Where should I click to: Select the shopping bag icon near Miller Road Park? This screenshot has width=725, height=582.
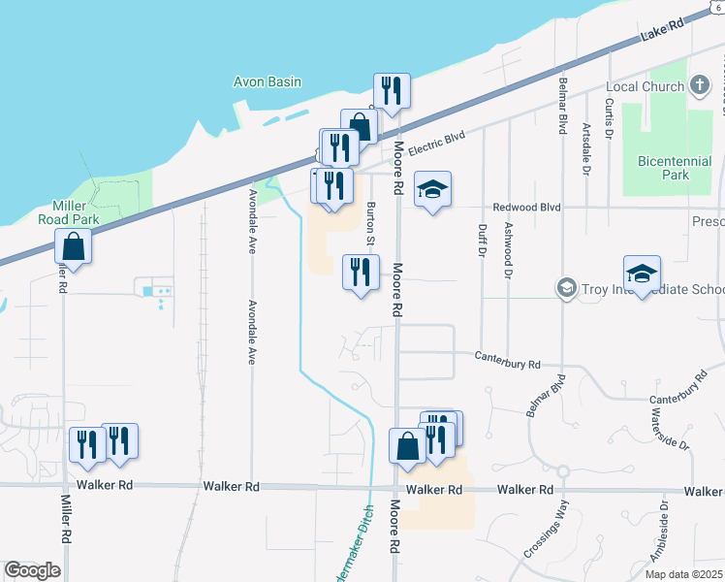coord(73,248)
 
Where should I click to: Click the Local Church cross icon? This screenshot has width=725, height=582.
coord(700,86)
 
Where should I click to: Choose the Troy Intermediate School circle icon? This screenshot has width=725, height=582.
coord(566,288)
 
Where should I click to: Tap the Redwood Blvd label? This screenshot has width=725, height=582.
coord(526,207)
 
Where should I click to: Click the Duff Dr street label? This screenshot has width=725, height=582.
coord(482,239)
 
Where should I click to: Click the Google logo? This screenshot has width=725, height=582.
coord(32,569)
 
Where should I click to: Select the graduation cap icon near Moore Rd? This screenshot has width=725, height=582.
coord(433,190)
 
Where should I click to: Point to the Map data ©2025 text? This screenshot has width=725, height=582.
coord(683,574)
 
